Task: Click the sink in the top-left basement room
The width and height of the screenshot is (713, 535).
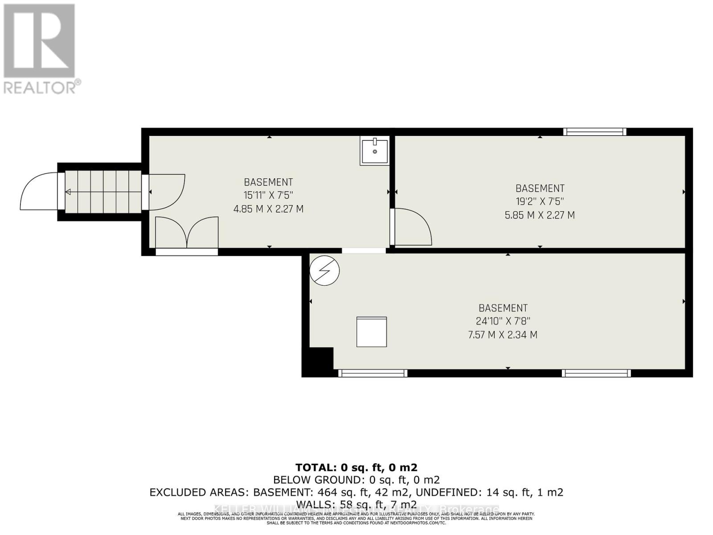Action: coord(374,151)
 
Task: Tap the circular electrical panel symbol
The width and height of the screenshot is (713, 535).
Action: coord(324,270)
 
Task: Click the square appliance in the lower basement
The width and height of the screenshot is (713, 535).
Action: coord(371,332)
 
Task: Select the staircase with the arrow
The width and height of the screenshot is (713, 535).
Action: coord(103,192)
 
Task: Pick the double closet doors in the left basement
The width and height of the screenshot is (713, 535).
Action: coord(187,233)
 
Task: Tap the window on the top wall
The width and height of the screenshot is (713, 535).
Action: coord(594,132)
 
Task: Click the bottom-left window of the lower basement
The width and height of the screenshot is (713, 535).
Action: coord(373,373)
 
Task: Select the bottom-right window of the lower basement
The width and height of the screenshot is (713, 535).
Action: coord(596,373)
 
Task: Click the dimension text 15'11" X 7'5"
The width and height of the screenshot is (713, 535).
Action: coord(268,195)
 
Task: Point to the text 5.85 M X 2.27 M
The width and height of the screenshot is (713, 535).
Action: coord(540,215)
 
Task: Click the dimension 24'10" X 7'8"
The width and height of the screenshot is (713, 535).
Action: coord(503,321)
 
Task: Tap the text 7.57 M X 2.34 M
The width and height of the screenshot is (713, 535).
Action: coord(503,335)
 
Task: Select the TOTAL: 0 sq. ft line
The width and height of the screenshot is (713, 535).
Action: coord(356,467)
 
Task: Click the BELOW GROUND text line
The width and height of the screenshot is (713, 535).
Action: coord(356,480)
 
